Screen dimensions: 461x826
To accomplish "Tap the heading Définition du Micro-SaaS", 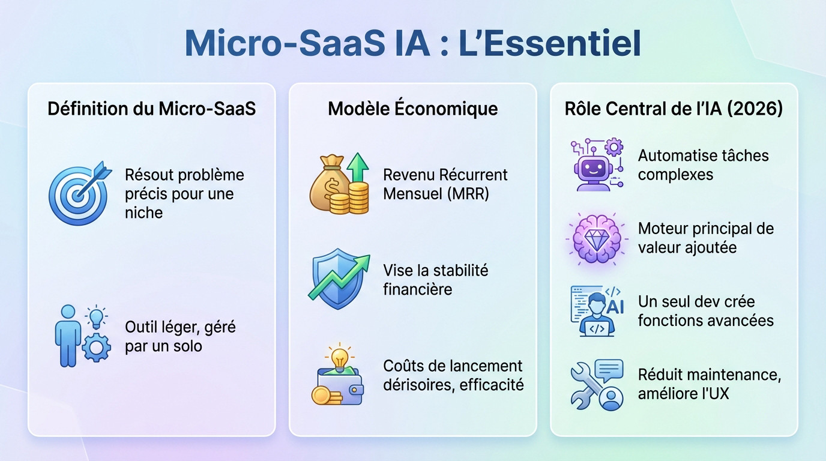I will [151, 109].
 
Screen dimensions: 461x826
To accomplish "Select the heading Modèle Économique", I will [412, 109].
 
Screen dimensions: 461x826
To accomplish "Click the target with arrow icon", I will [78, 193].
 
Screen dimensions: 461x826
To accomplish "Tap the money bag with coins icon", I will [339, 184].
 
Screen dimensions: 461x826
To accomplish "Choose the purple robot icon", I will [596, 164].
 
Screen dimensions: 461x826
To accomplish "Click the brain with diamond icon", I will [596, 238].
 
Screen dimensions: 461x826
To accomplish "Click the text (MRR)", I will [468, 194].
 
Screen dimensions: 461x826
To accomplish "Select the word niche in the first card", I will [144, 212].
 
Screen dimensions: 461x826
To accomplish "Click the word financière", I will [417, 289].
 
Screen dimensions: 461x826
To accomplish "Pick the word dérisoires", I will [417, 385].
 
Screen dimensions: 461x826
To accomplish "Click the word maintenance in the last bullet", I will [729, 375].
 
